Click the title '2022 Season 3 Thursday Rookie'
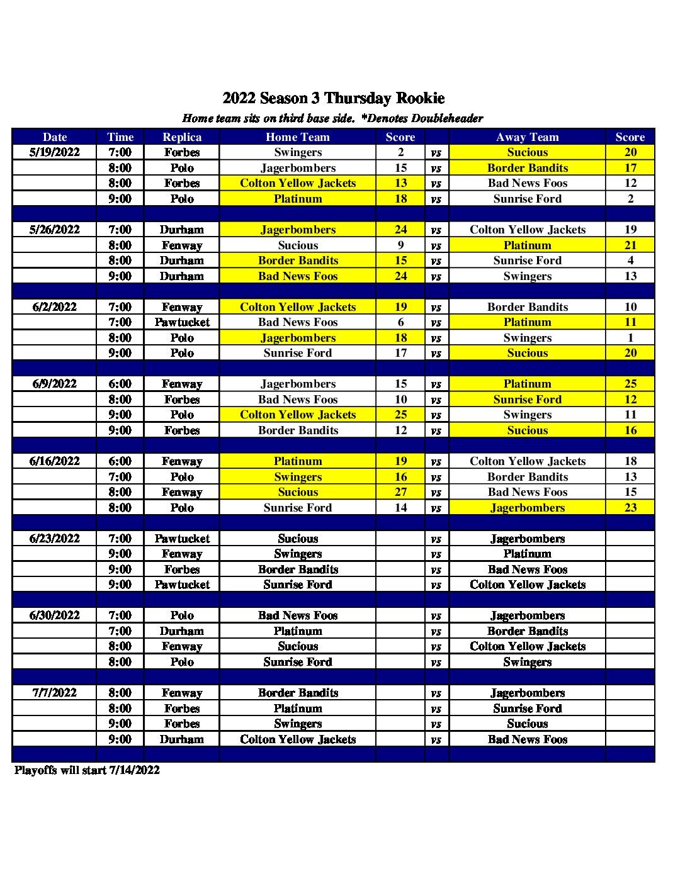coord(334,98)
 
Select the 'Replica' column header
coord(182,137)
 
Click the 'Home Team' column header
coord(298,137)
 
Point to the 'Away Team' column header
coord(528,137)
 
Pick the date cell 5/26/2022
coord(55,230)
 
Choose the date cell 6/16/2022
coord(55,461)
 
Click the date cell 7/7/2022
coord(55,693)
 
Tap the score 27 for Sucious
coord(401,492)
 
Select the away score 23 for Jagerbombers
coord(630,508)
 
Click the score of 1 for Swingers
coord(630,338)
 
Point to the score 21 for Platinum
coord(630,245)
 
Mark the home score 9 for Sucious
coord(401,245)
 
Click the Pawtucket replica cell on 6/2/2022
coord(182,322)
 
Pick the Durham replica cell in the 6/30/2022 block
coord(182,631)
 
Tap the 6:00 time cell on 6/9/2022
coord(120,384)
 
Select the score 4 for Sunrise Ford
coord(630,261)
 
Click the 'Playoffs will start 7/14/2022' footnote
coord(87,770)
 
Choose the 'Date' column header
coord(55,137)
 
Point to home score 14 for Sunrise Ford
coord(401,508)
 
